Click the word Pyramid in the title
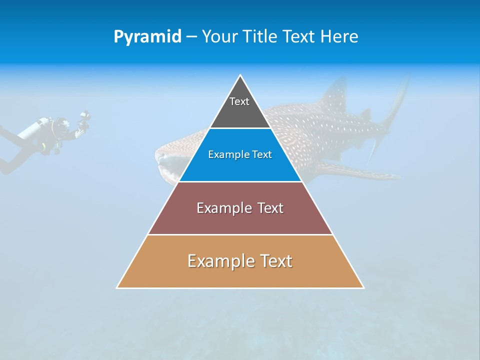coord(147,37)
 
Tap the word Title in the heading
coord(262,37)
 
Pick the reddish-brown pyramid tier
coord(240,220)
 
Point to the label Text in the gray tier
coord(239,101)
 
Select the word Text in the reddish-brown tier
coord(270,208)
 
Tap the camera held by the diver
coord(84,119)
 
